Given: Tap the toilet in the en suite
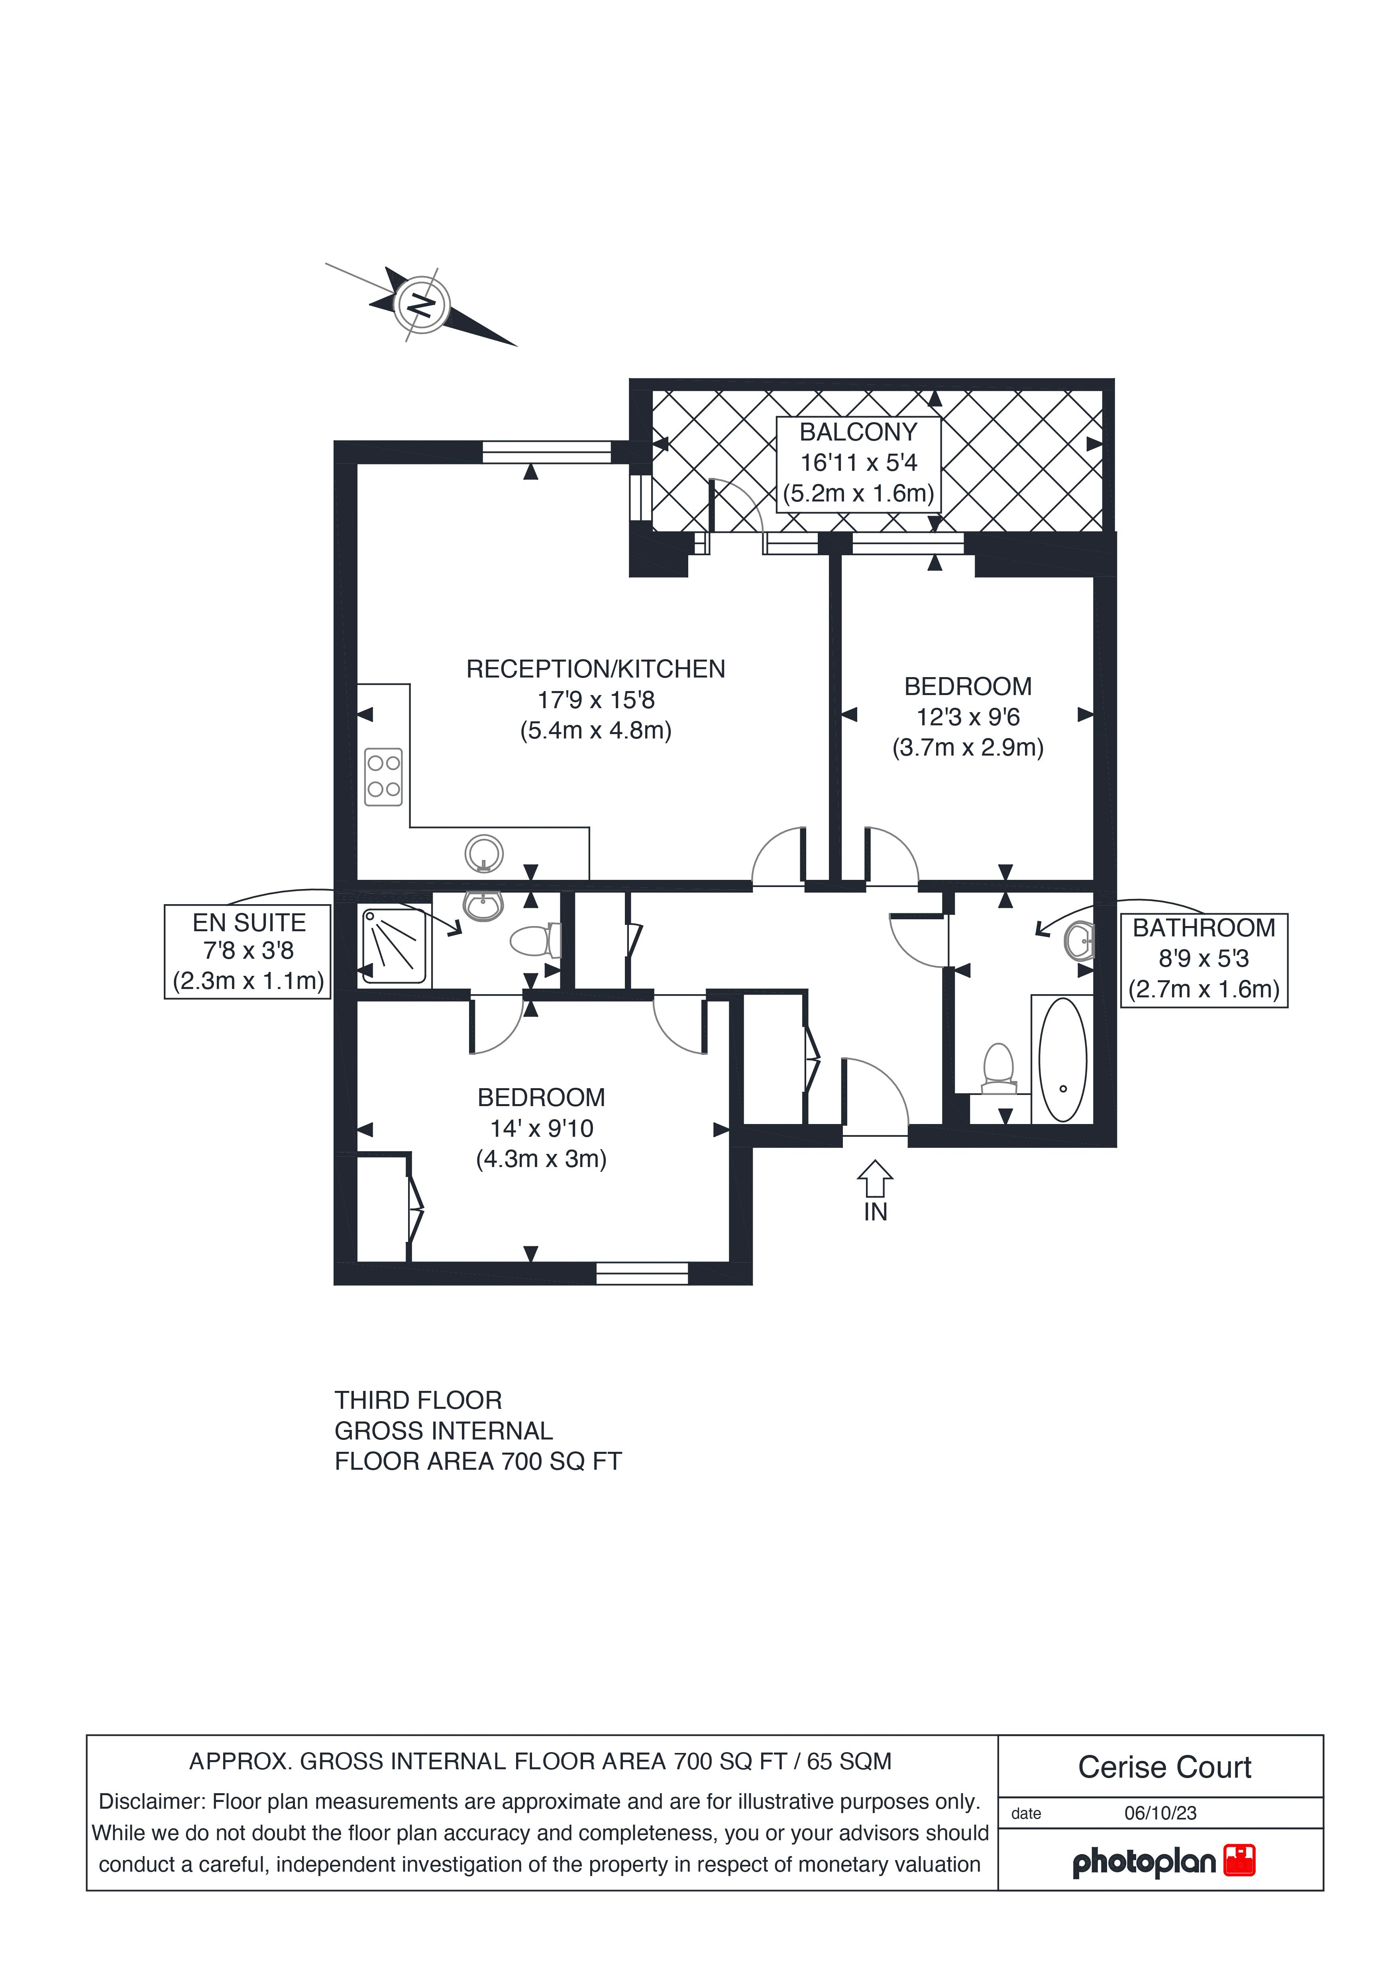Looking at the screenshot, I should pos(536,941).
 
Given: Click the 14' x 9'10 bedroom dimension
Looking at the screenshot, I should pos(542,1128).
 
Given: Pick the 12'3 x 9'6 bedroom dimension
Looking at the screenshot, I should pos(968,717).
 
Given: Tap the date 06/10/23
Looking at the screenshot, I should pos(1160,1813).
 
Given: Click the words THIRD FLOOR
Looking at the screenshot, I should pos(418,1400).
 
